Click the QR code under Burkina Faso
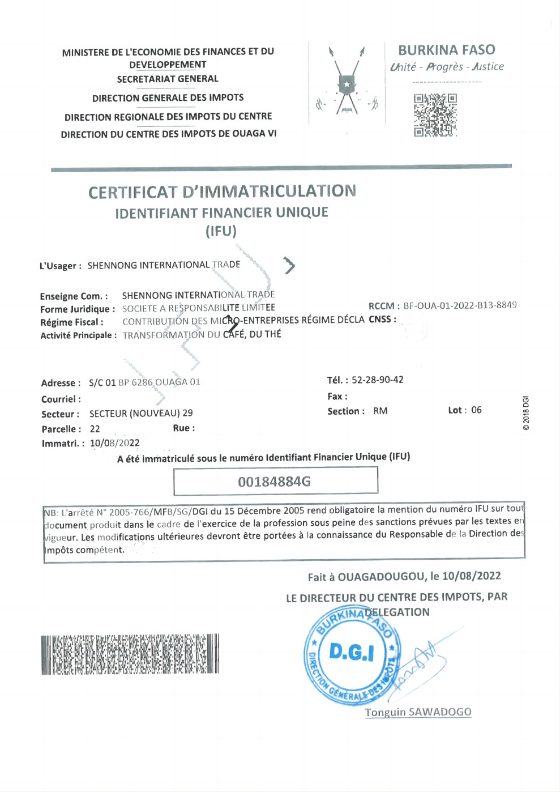click(435, 115)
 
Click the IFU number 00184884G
click(275, 482)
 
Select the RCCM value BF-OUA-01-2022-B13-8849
click(459, 305)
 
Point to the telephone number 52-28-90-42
click(377, 380)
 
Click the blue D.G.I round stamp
click(352, 655)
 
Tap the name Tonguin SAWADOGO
click(418, 712)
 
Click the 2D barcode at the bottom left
click(130, 654)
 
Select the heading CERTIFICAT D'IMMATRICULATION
click(222, 191)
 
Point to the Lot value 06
click(476, 410)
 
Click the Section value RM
click(381, 411)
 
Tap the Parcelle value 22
click(95, 429)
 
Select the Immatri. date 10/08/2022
click(114, 443)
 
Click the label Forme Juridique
click(77, 309)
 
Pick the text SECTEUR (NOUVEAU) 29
click(141, 414)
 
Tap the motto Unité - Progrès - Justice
click(446, 67)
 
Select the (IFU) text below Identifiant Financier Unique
click(221, 231)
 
